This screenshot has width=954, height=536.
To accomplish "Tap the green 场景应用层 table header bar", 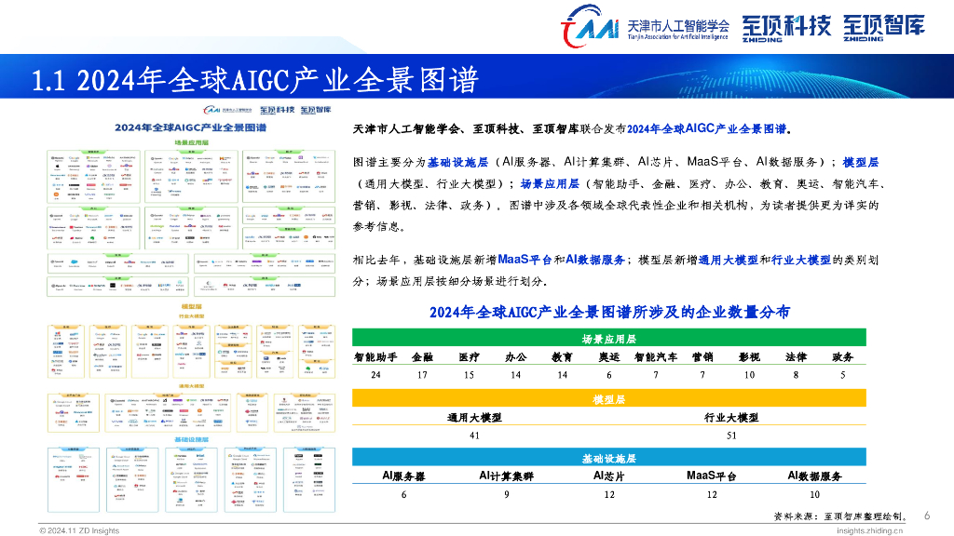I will click(x=608, y=339).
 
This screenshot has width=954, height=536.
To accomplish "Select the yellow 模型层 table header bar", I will click(x=608, y=399).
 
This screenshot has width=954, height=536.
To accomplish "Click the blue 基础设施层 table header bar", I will click(x=608, y=459).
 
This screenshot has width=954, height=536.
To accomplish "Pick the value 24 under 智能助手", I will click(x=375, y=374).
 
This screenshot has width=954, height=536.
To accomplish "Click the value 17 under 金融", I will click(x=422, y=374).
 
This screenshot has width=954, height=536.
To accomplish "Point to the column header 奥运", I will click(x=608, y=357).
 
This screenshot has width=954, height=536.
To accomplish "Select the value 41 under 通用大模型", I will click(x=473, y=435).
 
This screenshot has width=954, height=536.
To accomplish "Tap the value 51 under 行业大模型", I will click(x=731, y=435).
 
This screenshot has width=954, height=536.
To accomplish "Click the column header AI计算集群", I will click(x=506, y=476).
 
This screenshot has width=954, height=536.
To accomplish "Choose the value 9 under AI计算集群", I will click(x=506, y=494).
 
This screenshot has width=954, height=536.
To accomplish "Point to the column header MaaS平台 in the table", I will click(x=711, y=476).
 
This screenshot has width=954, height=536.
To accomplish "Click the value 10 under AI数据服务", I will click(x=814, y=494).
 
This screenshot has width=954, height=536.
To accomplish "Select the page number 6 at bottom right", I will click(x=926, y=516).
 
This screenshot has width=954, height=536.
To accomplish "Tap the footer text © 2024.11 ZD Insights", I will click(x=79, y=530).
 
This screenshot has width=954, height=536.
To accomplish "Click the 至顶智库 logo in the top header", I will click(x=885, y=26).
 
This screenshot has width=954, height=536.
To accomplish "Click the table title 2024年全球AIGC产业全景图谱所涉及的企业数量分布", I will click(x=610, y=313).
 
